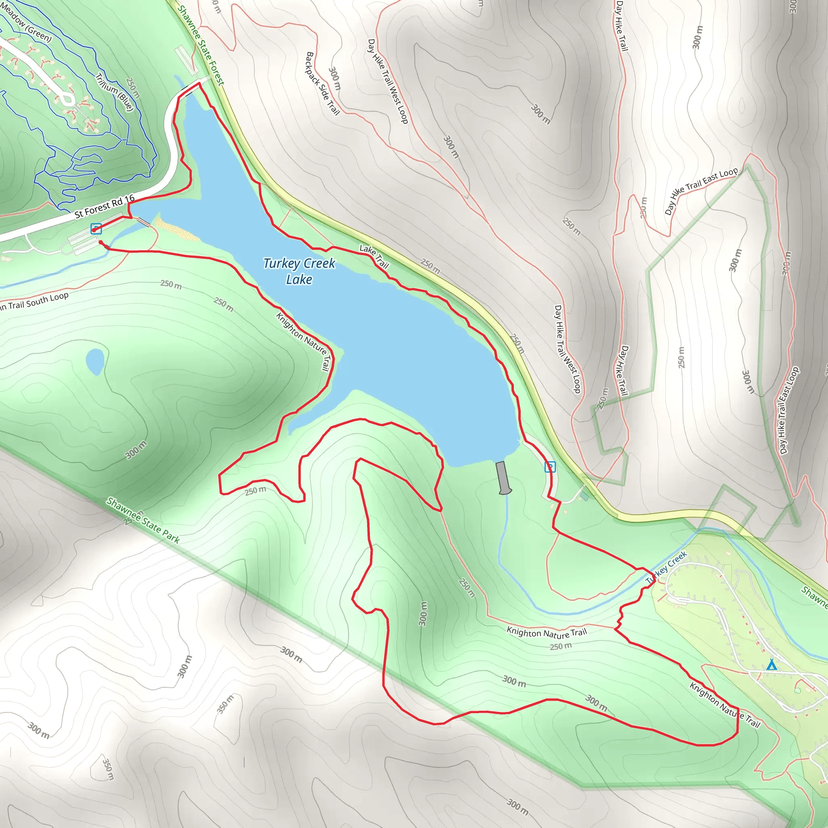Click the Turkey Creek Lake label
pyautogui.click(x=299, y=271)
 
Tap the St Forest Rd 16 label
pyautogui.click(x=105, y=207)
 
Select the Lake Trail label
pyautogui.click(x=374, y=256)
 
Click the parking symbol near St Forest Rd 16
pyautogui.click(x=96, y=229)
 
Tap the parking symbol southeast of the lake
pyautogui.click(x=550, y=467)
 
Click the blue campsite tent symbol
pyautogui.click(x=771, y=665)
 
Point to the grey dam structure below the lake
pyautogui.click(x=503, y=477)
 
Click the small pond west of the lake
pyautogui.click(x=95, y=361)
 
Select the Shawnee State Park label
pyautogui.click(x=143, y=520)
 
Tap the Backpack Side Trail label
pyautogui.click(x=322, y=84)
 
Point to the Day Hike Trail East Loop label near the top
pyautogui.click(x=701, y=191)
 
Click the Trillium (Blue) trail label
pyautogui.click(x=114, y=92)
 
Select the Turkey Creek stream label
pyautogui.click(x=666, y=567)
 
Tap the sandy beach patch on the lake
pyautogui.click(x=176, y=228)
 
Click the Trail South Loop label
pyautogui.click(x=34, y=302)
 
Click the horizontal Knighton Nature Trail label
pyautogui.click(x=547, y=633)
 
